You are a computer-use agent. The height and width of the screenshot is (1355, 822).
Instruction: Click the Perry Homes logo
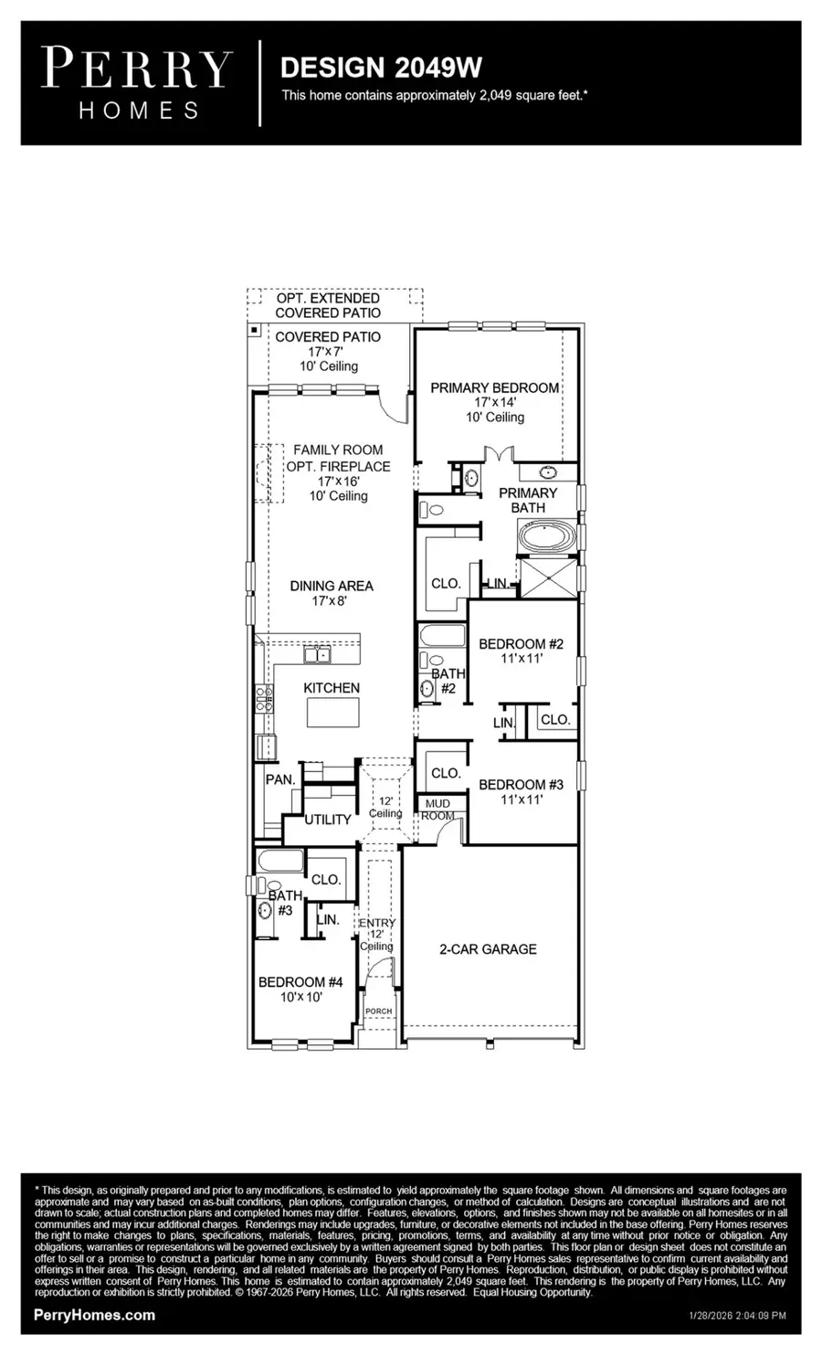click(138, 84)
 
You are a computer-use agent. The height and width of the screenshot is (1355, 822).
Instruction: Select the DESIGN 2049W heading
click(381, 68)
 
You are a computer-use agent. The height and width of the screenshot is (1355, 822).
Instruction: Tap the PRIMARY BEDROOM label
click(494, 387)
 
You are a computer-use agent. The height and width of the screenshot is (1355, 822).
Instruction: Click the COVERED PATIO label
click(328, 337)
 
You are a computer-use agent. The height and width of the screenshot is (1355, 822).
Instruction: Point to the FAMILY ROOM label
click(337, 450)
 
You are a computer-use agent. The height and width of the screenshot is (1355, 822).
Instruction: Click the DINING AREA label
click(332, 586)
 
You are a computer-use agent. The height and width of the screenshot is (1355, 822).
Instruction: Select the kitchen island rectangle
click(332, 711)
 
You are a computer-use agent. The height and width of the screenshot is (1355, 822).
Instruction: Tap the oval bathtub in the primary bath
click(546, 536)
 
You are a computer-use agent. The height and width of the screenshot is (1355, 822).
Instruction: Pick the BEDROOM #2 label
click(521, 644)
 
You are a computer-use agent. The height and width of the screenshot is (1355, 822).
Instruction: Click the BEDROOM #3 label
click(521, 784)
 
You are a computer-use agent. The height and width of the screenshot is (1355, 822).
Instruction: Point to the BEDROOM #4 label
click(300, 982)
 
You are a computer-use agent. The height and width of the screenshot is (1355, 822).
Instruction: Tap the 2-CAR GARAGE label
click(488, 949)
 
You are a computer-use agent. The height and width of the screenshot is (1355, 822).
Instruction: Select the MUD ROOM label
click(437, 810)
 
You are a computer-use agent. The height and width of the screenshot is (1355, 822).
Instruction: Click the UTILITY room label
click(327, 820)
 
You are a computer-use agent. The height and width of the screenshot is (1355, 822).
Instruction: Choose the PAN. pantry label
click(279, 779)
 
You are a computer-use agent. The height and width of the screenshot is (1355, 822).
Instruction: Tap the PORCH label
click(378, 1011)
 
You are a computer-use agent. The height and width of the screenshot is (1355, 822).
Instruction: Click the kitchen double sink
click(317, 654)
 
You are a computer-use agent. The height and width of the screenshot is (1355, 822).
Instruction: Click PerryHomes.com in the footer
click(94, 1315)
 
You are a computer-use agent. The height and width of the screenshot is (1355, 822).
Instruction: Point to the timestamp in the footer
click(736, 1316)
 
